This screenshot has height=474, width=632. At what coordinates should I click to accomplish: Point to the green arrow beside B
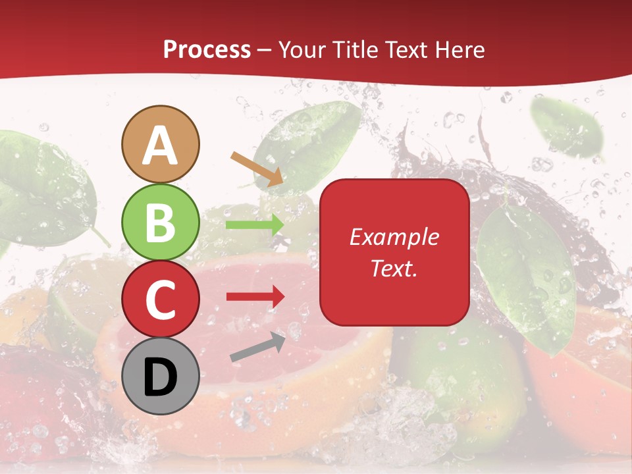[255, 224]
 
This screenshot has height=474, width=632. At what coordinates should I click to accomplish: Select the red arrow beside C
[255, 296]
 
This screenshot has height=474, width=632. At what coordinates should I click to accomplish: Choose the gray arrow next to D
[257, 347]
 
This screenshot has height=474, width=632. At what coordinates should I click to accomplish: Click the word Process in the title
[207, 49]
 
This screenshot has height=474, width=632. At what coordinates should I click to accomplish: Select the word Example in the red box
[394, 237]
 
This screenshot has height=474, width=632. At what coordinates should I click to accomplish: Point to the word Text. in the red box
[394, 268]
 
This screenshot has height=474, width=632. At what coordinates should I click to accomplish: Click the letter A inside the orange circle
[161, 146]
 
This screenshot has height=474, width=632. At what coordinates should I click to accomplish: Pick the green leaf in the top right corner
[567, 128]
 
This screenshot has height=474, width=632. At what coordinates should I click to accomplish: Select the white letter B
[161, 223]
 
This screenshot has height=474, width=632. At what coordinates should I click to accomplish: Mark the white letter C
[161, 300]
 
